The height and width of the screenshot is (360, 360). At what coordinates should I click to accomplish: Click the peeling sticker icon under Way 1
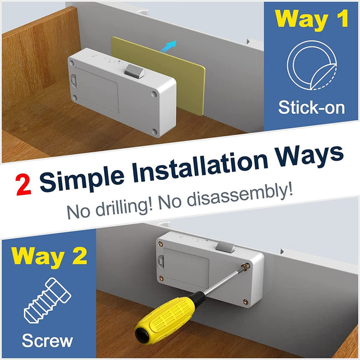pos(311,66)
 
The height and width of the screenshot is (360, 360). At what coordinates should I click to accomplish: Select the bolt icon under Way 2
pos(47,300)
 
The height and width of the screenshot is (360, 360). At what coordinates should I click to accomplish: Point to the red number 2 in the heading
pos(24,185)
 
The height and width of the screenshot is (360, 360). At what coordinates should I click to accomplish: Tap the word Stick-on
pos(311,107)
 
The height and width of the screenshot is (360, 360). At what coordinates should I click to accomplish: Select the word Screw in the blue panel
pos(47,341)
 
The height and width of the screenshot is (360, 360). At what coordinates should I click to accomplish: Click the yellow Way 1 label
pos(311,19)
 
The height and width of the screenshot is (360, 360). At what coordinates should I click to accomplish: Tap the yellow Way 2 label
pos(49,256)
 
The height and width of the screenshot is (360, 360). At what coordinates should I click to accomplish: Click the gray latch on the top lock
pos(134,71)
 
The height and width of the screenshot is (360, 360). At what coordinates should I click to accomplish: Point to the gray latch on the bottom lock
pos(225,246)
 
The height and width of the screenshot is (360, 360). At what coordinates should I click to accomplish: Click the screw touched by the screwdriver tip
pos(246,267)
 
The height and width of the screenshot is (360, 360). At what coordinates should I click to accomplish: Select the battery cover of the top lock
pos(96,91)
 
